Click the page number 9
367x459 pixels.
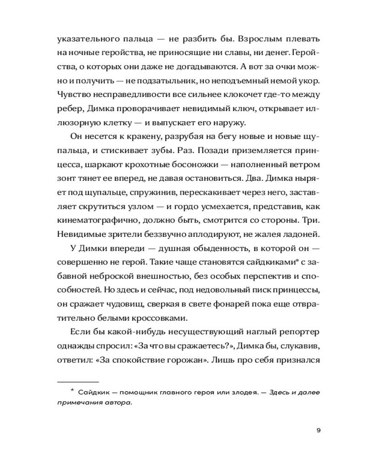(x=318, y=430)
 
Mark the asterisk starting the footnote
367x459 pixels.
(x=72, y=391)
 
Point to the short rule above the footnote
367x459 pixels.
(x=78, y=381)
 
